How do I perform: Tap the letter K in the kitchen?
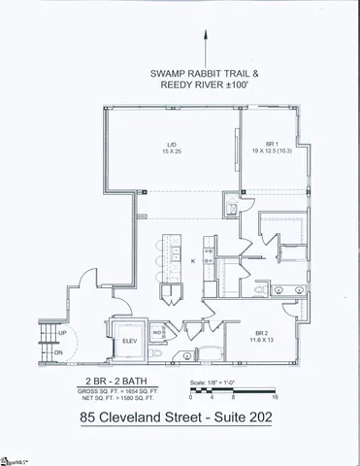(192, 262)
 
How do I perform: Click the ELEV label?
(128, 341)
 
